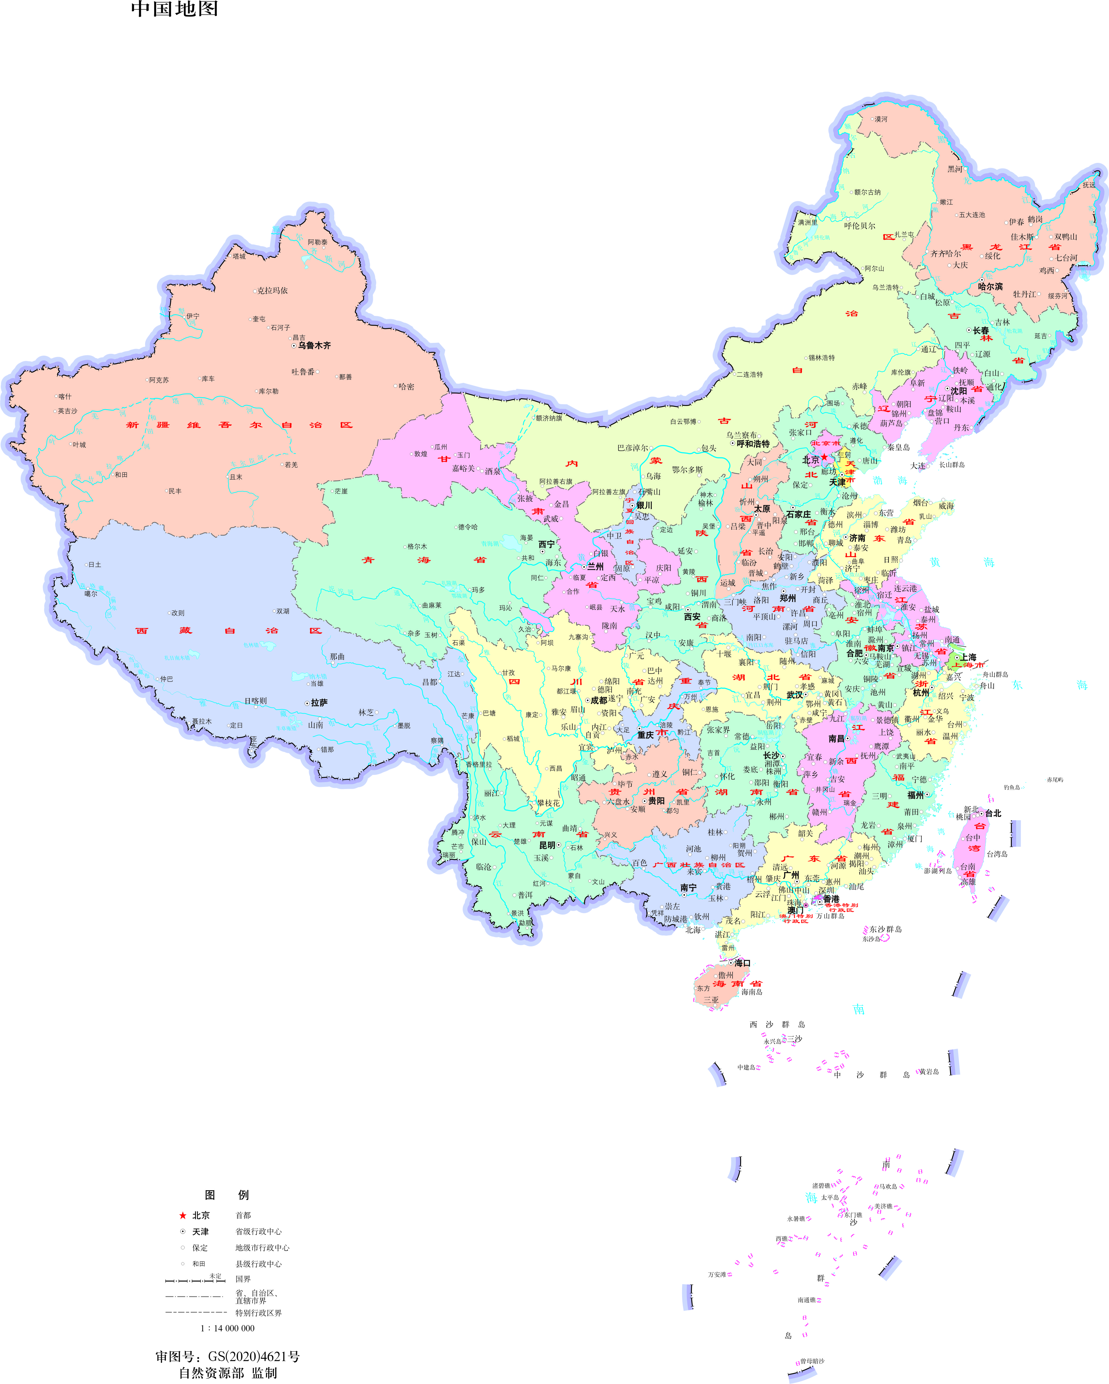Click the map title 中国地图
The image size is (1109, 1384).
(x=175, y=9)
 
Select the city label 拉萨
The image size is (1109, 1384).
(x=319, y=703)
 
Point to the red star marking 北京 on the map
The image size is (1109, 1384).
(x=825, y=457)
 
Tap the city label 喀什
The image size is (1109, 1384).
(x=65, y=397)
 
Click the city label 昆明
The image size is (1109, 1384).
(x=547, y=845)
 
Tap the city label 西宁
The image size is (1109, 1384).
(x=547, y=544)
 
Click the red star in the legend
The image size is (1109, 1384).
(x=183, y=1215)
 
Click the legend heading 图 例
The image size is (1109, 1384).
(x=227, y=1195)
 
